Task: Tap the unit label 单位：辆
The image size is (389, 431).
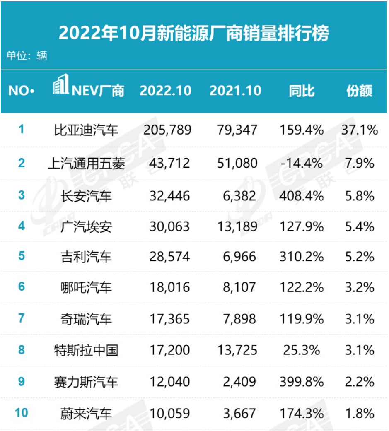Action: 27,56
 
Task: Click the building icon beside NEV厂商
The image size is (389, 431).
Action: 61,85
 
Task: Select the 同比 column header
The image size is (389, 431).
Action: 302,91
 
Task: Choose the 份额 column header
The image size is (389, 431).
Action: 359,91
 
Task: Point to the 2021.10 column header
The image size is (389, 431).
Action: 235,91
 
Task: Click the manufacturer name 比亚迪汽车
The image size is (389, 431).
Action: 86,130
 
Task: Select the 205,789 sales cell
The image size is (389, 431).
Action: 167,130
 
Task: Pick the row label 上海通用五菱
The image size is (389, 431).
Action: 86,163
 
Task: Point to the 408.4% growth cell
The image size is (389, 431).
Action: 301,195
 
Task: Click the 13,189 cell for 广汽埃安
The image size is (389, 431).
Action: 237,226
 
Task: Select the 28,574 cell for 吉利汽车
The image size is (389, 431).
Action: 169,257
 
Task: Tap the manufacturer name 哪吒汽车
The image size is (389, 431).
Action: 86,288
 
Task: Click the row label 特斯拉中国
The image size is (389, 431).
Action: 86,351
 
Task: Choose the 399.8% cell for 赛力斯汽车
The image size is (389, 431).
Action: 301,381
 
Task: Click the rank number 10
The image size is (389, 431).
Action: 22,413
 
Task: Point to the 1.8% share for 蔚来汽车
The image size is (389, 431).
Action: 360,413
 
